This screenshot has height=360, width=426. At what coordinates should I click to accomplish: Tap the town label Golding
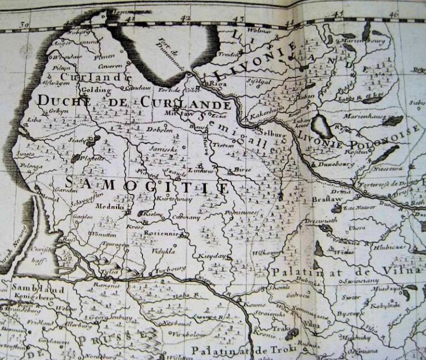click(x=92, y=89)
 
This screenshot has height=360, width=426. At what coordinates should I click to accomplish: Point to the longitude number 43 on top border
click(x=239, y=19)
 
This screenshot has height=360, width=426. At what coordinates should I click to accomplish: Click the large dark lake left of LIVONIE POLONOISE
click(x=322, y=126)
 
